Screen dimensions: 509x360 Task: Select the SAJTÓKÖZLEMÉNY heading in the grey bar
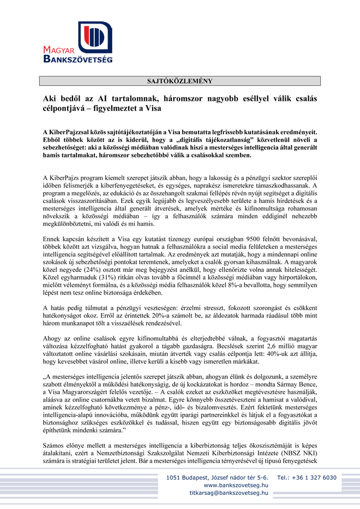click(x=180, y=81)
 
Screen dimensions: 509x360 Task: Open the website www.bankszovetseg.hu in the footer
click(x=236, y=484)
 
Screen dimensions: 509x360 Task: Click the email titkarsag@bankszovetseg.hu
click(x=229, y=493)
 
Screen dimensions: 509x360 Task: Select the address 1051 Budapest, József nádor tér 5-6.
click(x=217, y=477)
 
